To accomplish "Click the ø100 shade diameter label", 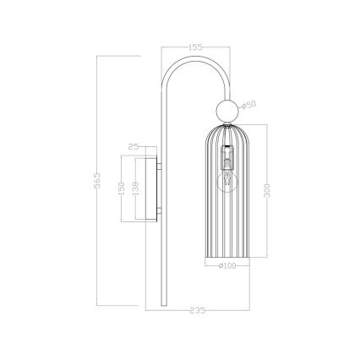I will (226, 267).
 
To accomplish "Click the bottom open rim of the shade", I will (226, 257).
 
